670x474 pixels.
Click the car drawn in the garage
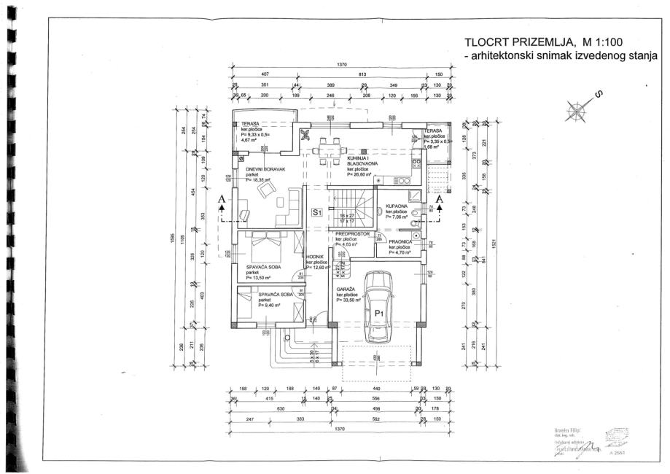click(379, 306)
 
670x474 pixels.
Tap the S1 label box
click(317, 212)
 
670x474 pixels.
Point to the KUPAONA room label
click(386, 206)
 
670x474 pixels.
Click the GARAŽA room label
click(346, 289)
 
